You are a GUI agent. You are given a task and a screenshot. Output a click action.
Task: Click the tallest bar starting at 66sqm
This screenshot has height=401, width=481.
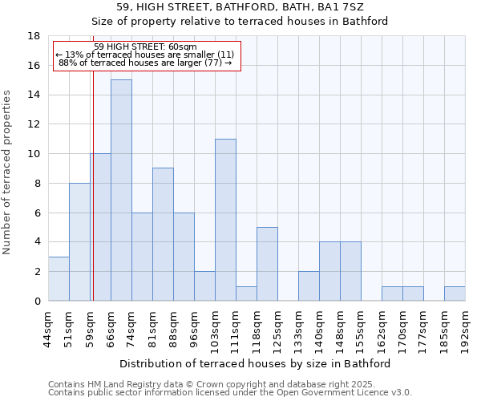point(121,190)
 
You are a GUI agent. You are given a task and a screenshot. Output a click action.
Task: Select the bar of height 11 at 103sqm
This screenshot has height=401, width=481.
point(225,220)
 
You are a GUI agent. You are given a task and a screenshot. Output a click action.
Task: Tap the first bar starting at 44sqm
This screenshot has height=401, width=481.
point(59,278)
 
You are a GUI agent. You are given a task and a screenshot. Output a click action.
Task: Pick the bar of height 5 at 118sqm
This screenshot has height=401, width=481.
point(267,264)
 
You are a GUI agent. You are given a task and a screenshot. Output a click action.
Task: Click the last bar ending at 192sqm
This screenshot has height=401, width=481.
point(455,294)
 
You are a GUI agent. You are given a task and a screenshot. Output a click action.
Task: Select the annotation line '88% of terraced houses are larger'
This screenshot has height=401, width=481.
point(145,63)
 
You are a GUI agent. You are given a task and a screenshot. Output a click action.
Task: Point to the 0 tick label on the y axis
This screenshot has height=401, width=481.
point(37,302)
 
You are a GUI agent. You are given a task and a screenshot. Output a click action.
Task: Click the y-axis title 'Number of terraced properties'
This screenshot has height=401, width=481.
point(8,172)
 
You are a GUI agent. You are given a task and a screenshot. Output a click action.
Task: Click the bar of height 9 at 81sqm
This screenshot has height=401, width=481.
point(163,234)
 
